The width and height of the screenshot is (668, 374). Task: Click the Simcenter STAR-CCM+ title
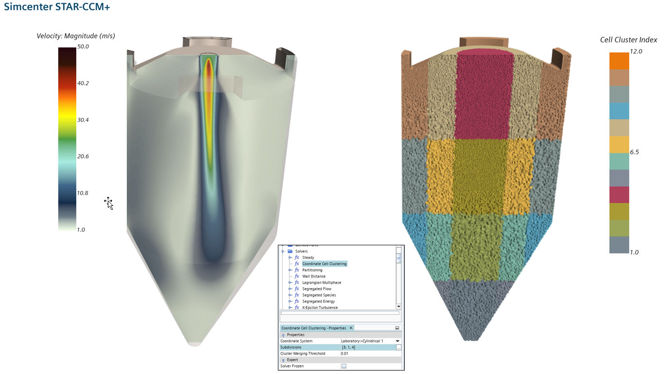57,8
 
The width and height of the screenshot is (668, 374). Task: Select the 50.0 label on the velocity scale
83,47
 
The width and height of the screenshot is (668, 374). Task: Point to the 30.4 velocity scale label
83,120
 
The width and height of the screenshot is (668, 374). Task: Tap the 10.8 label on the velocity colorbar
83,193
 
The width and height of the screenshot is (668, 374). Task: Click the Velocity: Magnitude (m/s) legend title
76,36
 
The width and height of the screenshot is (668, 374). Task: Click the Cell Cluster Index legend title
629,40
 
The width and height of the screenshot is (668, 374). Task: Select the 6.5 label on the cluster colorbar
634,152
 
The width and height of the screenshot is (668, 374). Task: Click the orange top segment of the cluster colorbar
619,61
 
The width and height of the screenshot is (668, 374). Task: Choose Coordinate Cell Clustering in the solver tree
324,264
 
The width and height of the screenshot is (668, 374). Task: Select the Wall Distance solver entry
314,276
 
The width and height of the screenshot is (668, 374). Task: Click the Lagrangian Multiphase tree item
321,283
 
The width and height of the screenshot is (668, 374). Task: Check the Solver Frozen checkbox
343,366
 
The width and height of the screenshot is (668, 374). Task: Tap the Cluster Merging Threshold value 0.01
344,354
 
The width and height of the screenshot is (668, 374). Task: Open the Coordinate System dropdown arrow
397,341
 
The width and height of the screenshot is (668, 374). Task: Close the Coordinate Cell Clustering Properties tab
351,328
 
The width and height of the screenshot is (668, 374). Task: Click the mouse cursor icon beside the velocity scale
109,203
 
